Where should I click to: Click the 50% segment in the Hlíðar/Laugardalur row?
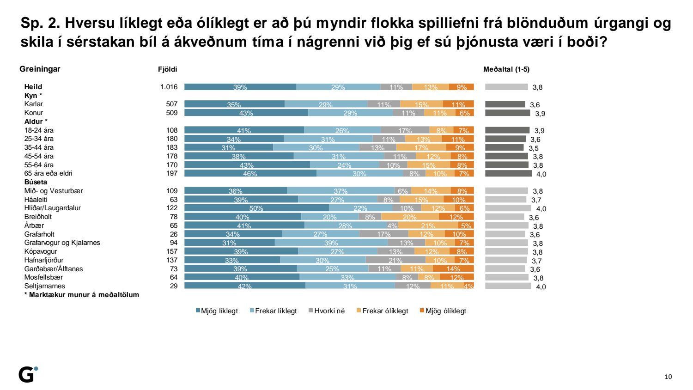point(256,208)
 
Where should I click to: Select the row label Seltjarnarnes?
point(45,286)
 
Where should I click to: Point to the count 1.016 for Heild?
point(169,87)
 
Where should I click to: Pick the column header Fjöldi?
point(168,69)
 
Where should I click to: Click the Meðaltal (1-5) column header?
point(506,69)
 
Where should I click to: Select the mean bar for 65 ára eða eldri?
point(508,173)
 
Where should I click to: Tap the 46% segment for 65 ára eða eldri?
point(250,173)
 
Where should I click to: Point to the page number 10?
point(668,377)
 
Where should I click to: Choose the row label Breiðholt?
point(38,217)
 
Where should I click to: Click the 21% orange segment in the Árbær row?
point(428,225)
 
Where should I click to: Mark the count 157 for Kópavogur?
point(172,251)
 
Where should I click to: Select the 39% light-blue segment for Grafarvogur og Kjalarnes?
point(331,243)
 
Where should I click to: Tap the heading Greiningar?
point(40,69)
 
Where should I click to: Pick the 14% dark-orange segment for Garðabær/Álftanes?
point(453,268)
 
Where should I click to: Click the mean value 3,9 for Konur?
point(540,114)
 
